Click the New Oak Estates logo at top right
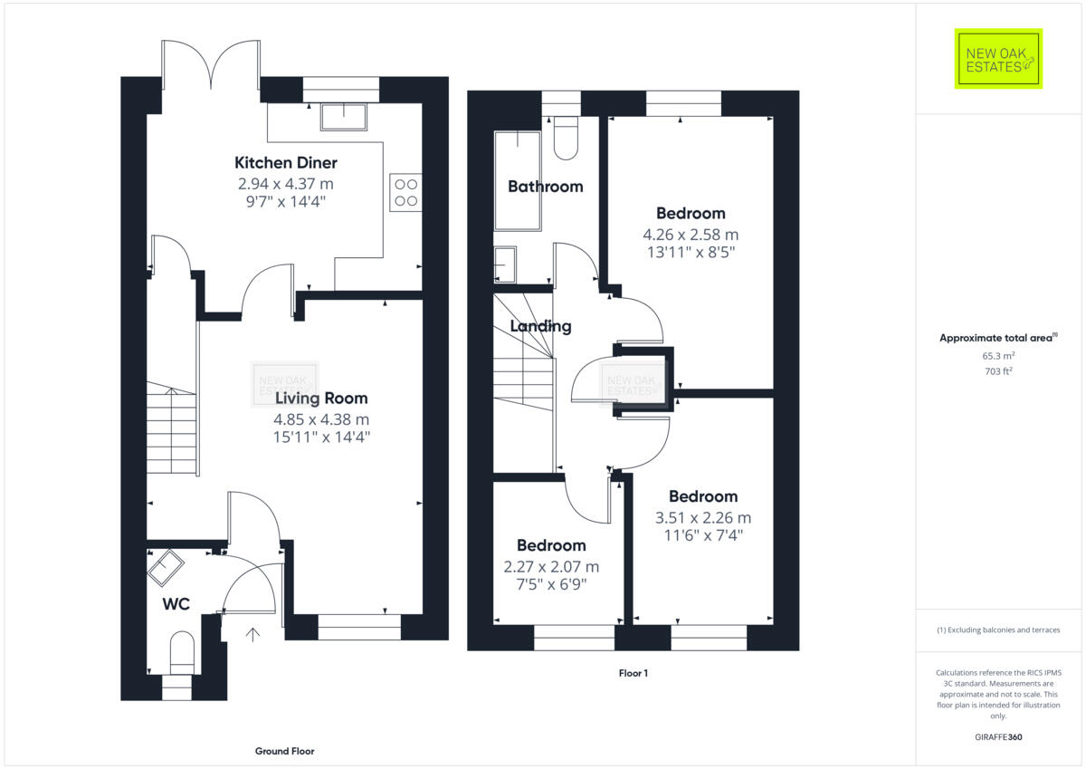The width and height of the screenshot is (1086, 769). pos(998,59)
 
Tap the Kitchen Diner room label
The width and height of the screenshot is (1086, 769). pos(286,163)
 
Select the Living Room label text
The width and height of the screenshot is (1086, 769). pos(321,398)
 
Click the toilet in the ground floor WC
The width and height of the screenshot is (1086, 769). pos(182,654)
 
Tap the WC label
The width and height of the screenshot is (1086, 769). pos(176,604)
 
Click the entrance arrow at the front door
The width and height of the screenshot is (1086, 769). pos(252,635)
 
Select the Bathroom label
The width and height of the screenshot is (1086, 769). pos(545,187)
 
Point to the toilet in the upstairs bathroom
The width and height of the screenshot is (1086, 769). pos(567,139)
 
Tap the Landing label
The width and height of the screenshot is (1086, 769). pos(540,326)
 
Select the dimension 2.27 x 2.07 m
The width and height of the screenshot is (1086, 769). pos(551,566)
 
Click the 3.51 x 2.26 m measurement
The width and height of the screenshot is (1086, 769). pos(703,518)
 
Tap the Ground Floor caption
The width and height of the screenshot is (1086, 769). pos(284,751)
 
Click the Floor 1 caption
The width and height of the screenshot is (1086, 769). pos(633,673)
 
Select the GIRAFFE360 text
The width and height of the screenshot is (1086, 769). pos(997,737)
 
